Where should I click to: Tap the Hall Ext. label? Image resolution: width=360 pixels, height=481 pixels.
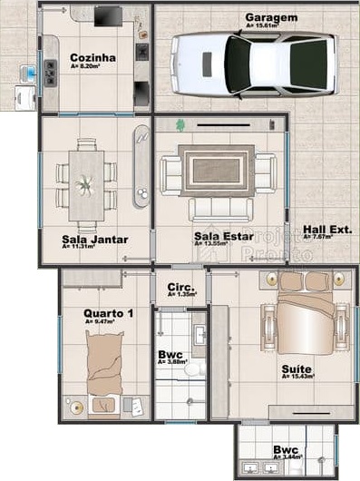pyautogui.click(x=326, y=230)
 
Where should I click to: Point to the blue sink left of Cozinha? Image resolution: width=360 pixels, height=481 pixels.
pyautogui.click(x=30, y=70)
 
